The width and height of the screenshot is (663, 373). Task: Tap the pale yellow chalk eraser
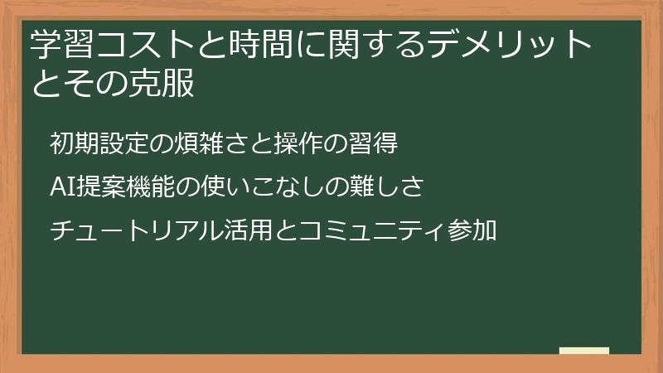[583, 351]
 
